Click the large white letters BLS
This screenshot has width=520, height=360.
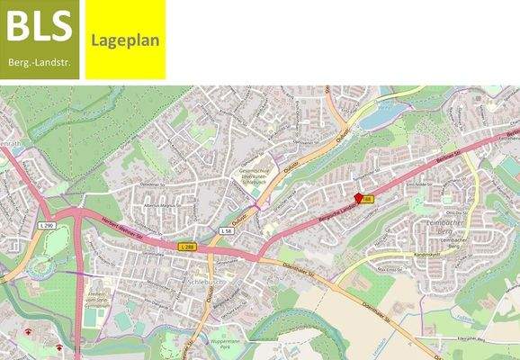tap(39, 27)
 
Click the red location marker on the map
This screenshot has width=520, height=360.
tap(359, 197)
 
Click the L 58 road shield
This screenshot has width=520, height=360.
tap(226, 231)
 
